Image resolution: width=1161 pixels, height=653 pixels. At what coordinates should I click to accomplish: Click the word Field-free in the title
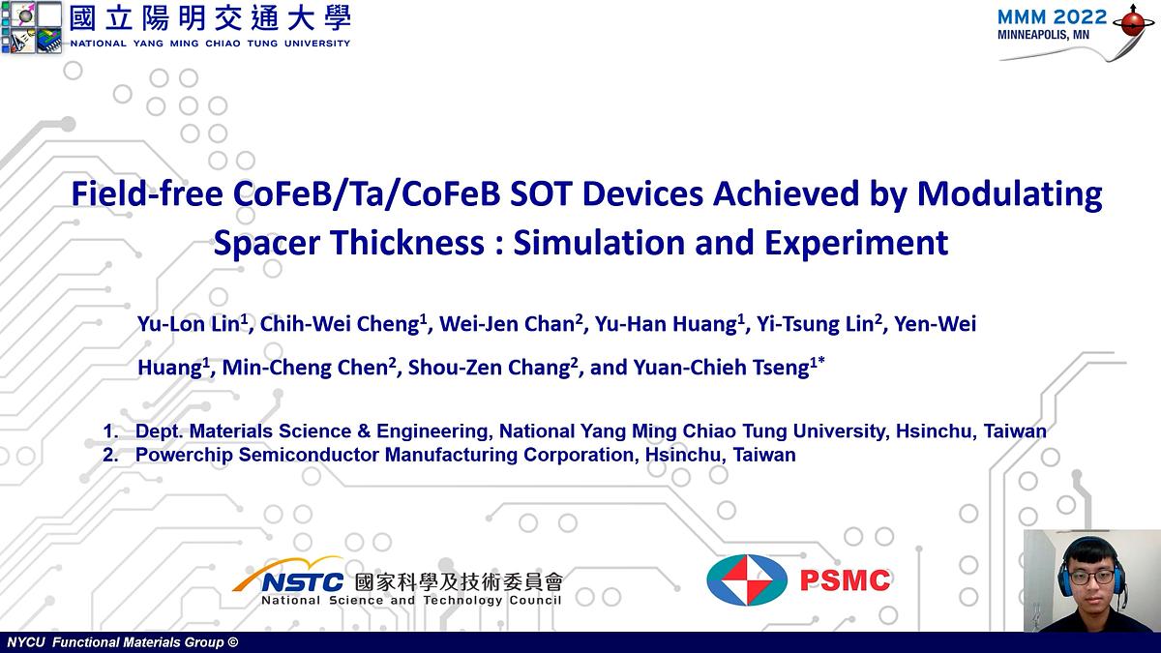click(x=149, y=195)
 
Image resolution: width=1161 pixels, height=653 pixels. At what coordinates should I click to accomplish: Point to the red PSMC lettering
click(x=845, y=580)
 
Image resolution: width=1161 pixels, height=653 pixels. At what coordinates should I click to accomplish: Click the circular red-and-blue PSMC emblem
click(x=746, y=581)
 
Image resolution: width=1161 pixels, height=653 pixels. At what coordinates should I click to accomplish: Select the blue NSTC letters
click(x=303, y=581)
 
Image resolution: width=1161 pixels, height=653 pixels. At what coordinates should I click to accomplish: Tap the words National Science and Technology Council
click(x=411, y=601)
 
